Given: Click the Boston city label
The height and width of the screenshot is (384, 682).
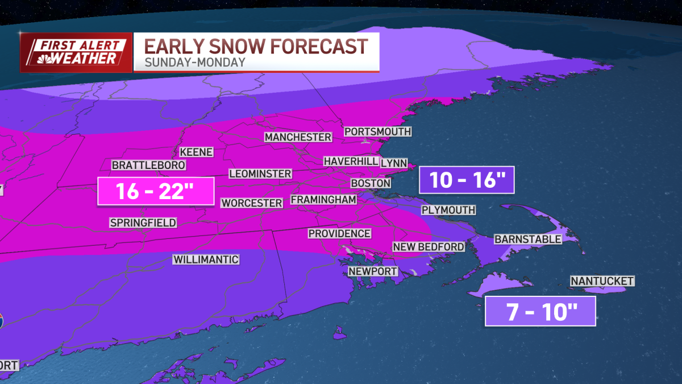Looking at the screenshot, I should pos(371,183).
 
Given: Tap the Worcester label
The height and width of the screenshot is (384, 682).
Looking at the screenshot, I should pos(252,203).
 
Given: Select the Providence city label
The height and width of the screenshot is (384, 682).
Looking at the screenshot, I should pos(339,234).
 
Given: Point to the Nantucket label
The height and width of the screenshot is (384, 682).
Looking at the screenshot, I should pos(602,281).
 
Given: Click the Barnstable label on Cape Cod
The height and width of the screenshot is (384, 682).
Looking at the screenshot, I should pos(527,240).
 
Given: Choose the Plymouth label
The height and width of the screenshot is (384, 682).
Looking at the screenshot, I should pos(448,210).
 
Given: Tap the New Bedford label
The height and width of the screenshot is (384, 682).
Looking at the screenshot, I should pos(429,246).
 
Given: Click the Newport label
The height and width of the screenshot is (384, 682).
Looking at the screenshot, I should pos(373,271).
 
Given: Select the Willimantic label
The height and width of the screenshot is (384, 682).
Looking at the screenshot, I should pos(206,260).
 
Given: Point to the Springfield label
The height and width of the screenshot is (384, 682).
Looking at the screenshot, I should pos(143,222).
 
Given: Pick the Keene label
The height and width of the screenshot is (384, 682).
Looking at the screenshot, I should pos(196,152).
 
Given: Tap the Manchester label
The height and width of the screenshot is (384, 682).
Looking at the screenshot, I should pos(298,137).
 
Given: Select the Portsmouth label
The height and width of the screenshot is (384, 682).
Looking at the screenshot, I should pos(377,131).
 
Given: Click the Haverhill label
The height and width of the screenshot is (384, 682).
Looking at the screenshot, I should pos(351,162).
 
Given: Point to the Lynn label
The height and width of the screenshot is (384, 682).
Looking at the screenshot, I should pos(394,163).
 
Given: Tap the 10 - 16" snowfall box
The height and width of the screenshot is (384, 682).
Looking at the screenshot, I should pos(466,180).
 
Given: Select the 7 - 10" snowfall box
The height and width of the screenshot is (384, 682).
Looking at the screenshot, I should pos(540,312).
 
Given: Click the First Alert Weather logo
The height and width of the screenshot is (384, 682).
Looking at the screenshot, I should pos(76,52).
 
